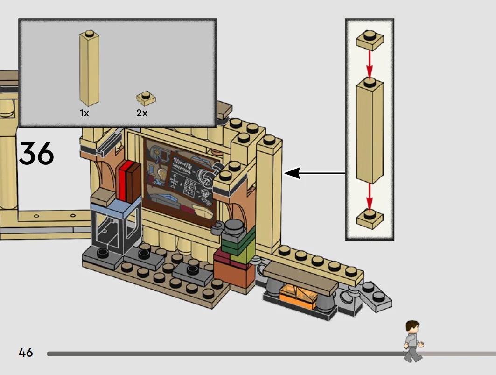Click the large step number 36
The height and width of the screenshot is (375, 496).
pos(36,154)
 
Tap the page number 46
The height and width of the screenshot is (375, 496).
pos(26,352)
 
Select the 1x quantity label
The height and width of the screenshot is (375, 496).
pos(84,113)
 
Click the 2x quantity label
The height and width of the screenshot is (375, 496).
pos(142,113)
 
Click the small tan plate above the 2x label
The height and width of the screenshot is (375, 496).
pos(146,99)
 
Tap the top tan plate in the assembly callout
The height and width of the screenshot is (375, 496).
pos(370,40)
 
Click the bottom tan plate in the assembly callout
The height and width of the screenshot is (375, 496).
pos(370,219)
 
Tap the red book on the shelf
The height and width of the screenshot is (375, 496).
pos(124,180)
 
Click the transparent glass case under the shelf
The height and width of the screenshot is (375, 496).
pos(114,229)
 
